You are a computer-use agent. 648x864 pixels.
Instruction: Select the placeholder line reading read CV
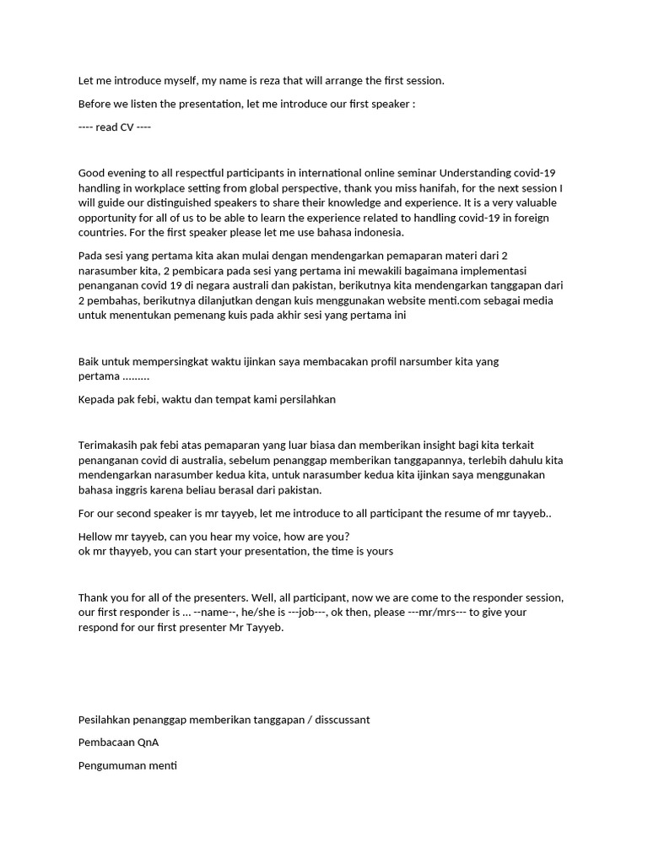pyautogui.click(x=115, y=127)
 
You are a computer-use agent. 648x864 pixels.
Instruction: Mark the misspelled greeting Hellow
pyautogui.click(x=96, y=537)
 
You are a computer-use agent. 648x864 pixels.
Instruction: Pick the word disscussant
pyautogui.click(x=337, y=720)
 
